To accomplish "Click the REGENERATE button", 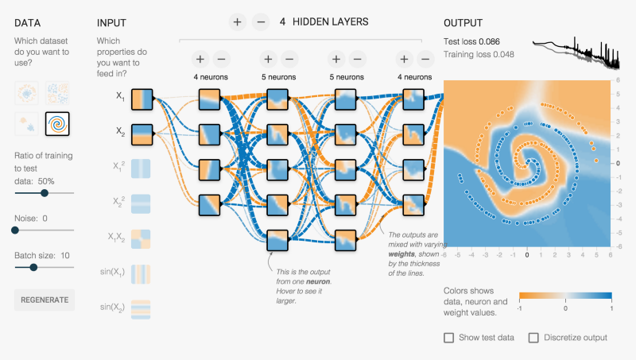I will [45, 300].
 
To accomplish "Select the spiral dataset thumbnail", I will [58, 124].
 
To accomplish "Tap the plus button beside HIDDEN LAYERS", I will [237, 22].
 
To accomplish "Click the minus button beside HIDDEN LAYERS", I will [261, 22].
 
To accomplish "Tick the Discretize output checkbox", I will [534, 338].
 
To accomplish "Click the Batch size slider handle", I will [33, 267].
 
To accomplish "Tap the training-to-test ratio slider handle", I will [45, 192].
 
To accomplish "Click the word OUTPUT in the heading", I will [463, 22].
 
